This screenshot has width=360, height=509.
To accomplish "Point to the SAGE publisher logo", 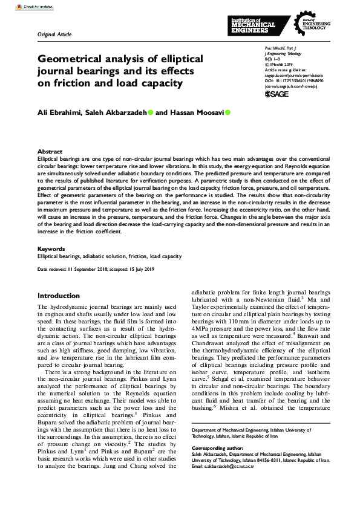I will click(277, 94).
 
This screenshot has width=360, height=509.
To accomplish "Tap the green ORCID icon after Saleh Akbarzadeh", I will click(151, 112).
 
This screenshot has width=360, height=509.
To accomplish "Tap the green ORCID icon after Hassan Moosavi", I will click(228, 112).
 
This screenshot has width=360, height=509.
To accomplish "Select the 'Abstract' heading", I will click(50, 151).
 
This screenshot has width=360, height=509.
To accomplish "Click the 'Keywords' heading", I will click(51, 248).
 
